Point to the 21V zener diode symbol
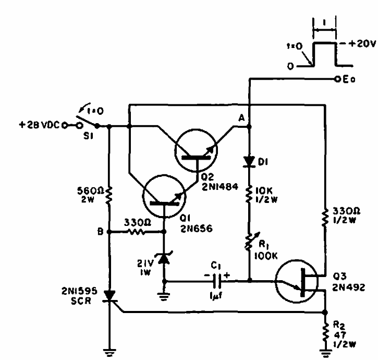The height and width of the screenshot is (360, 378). pyautogui.click(x=165, y=256)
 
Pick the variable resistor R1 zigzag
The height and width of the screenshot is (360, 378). pyautogui.click(x=249, y=242)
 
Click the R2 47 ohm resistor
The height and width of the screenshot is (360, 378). pyautogui.click(x=324, y=330)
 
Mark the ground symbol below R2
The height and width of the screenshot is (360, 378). pyautogui.click(x=324, y=353)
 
